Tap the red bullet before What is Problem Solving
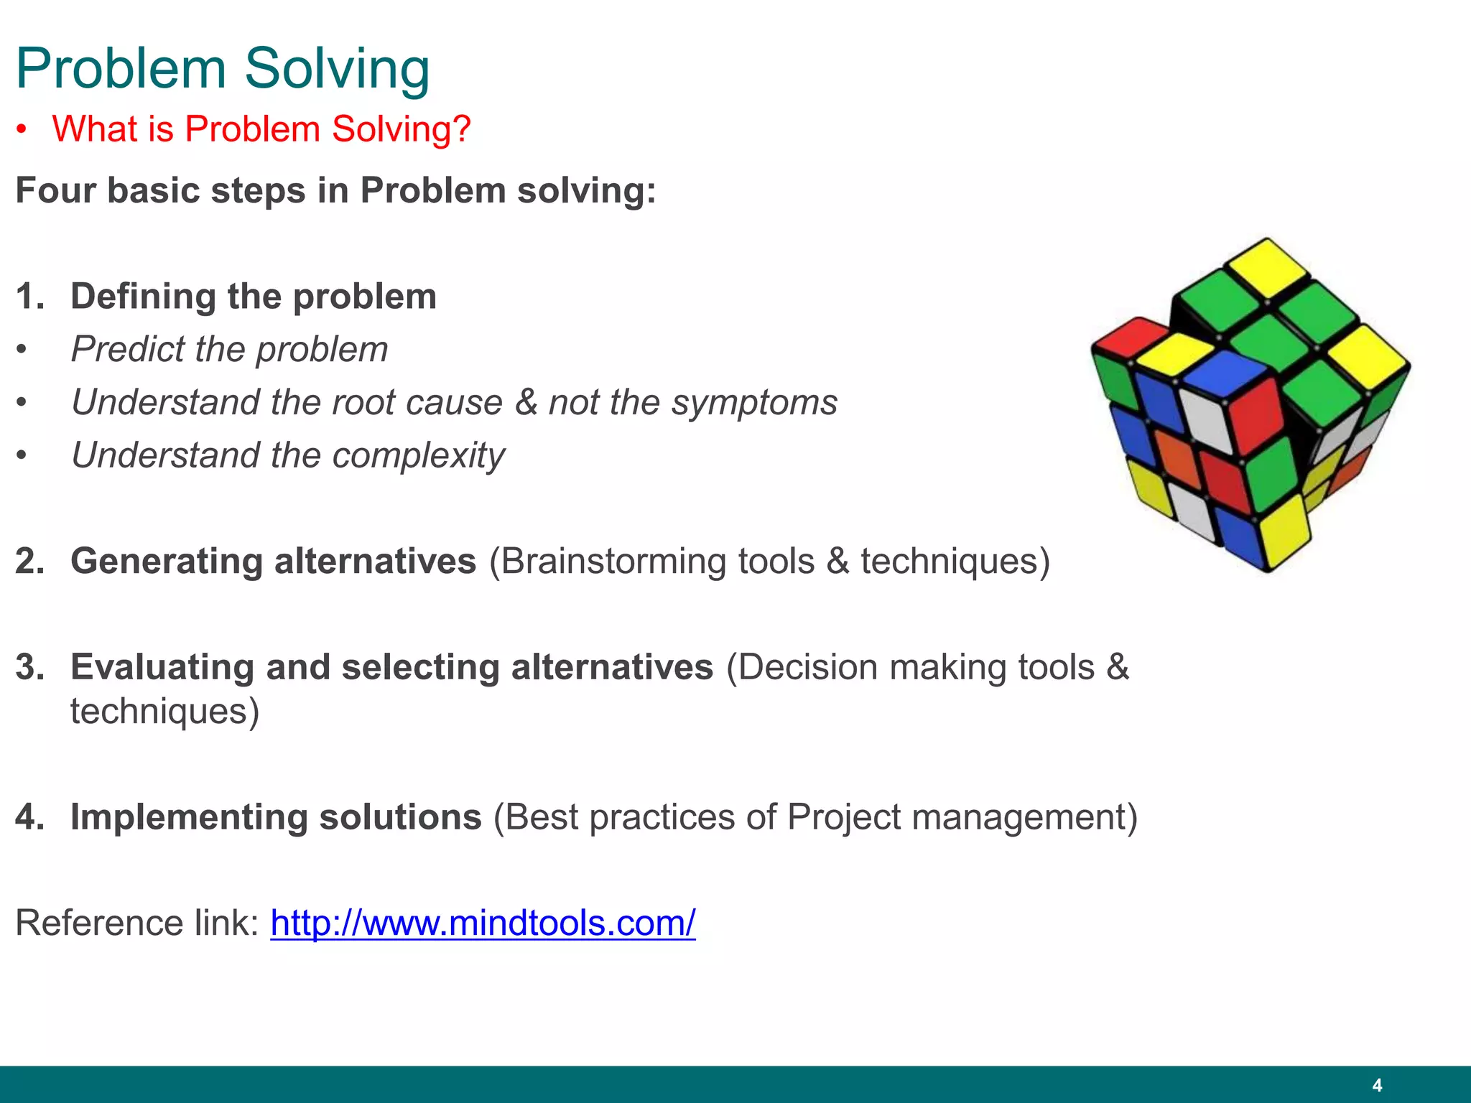click(22, 131)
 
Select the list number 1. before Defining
click(29, 297)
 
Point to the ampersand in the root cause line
click(526, 402)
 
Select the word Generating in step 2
click(166, 562)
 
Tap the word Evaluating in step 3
click(162, 667)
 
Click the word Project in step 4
click(843, 817)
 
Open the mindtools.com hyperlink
click(483, 923)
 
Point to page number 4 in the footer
click(1376, 1085)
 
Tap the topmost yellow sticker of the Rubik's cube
click(1268, 267)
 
